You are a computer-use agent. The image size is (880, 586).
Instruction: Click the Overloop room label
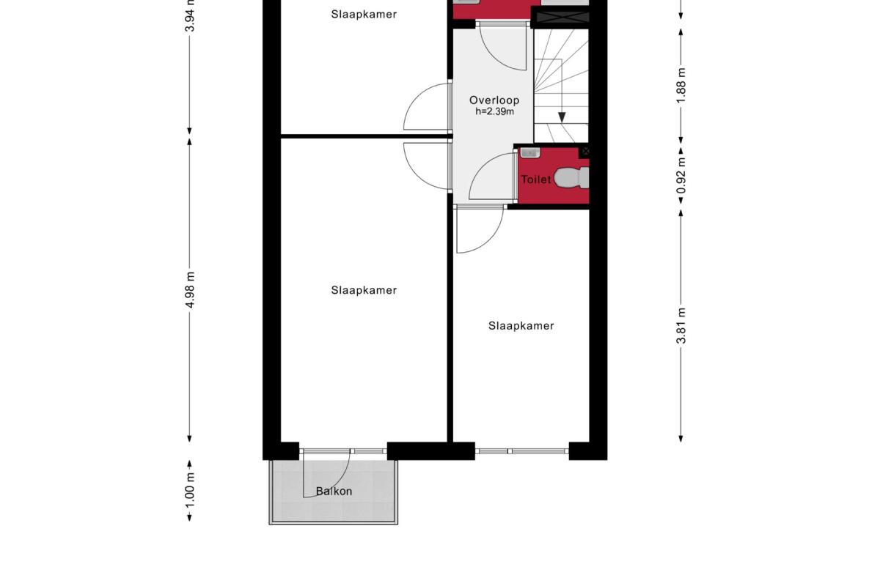point(494,100)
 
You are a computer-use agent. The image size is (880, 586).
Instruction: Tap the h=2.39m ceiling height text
point(494,111)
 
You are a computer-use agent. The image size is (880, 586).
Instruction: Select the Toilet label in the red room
point(536,179)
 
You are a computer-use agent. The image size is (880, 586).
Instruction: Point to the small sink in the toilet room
point(530,152)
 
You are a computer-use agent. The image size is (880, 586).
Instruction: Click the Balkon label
point(334,492)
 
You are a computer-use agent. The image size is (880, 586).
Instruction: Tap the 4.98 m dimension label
point(190,289)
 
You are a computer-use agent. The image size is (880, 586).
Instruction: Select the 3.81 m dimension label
point(681,326)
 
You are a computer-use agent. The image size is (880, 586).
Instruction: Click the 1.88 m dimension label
point(681,86)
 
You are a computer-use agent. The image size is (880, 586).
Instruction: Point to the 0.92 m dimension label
point(681,176)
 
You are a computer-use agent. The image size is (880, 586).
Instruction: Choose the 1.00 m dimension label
point(190,491)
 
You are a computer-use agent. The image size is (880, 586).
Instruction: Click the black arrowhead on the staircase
point(562,117)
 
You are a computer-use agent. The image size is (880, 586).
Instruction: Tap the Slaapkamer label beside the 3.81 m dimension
point(521,326)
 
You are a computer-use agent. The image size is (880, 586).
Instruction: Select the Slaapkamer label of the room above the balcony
point(364,291)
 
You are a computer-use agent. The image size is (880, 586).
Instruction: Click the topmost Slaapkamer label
point(364,15)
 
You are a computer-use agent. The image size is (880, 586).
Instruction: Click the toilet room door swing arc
point(483,165)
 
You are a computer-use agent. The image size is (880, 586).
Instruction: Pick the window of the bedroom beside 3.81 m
point(522,451)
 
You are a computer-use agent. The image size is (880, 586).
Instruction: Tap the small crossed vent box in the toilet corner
point(585,151)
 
